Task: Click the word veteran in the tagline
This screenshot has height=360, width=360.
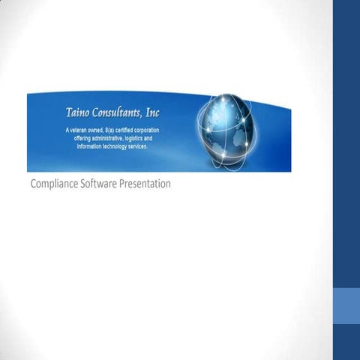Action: click(x=81, y=130)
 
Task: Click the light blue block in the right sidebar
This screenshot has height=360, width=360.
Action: click(x=346, y=307)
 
